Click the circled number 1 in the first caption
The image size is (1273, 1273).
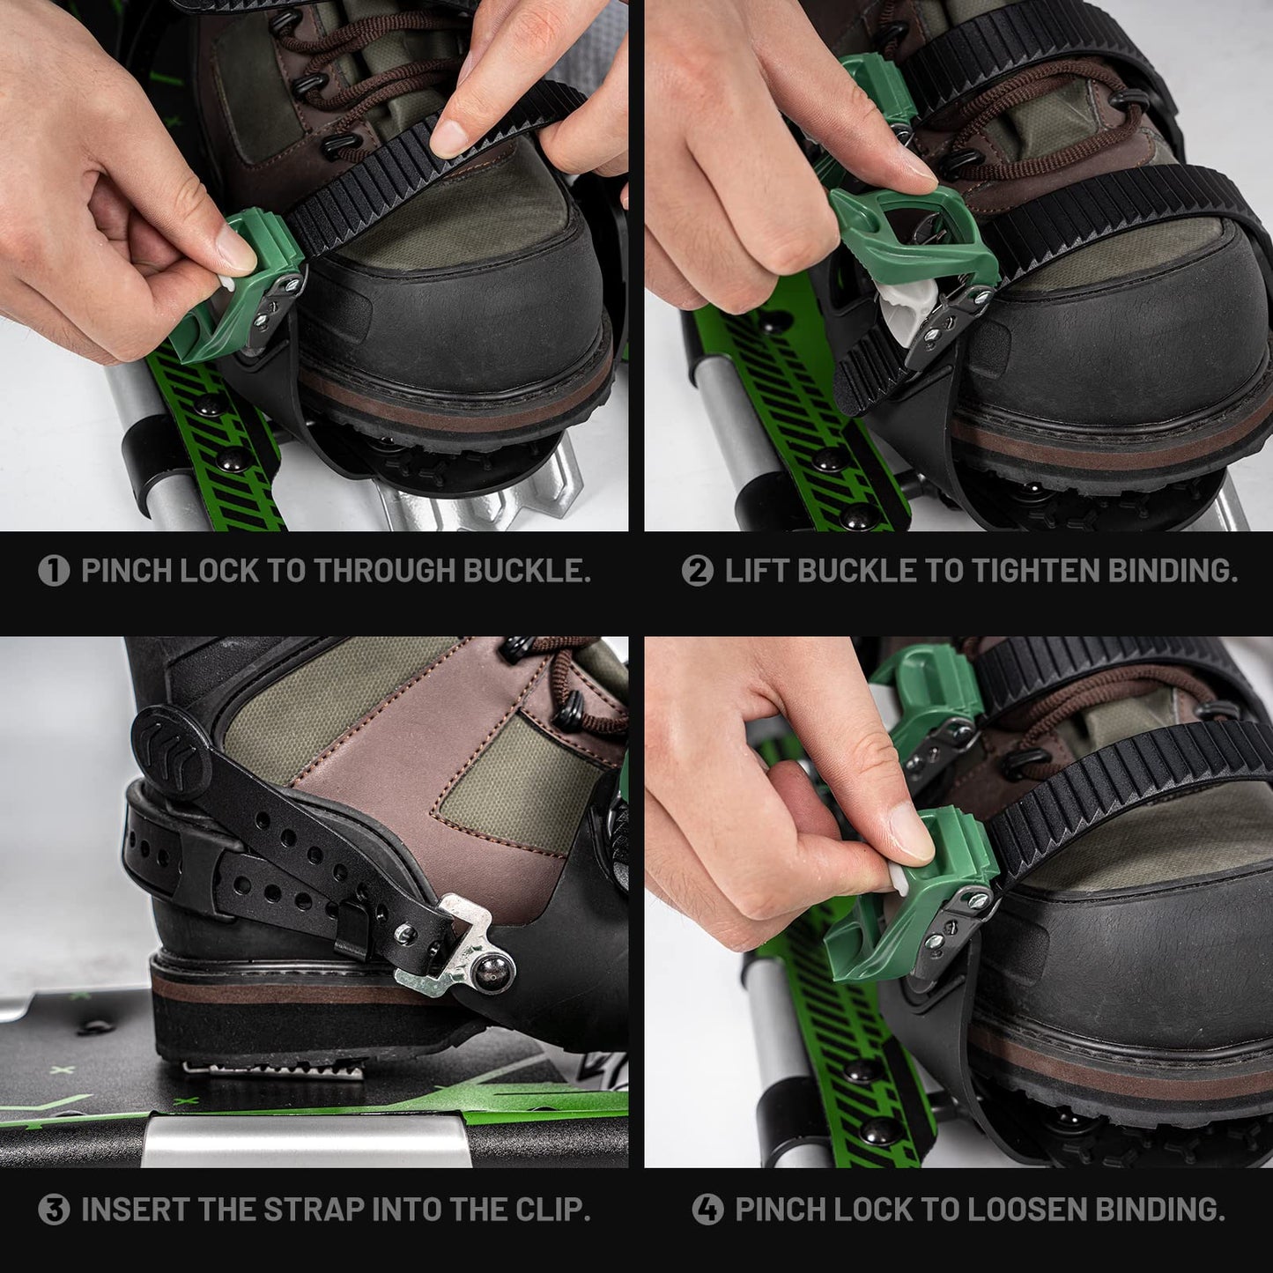click(x=54, y=571)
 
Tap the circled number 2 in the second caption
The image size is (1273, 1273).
click(x=697, y=571)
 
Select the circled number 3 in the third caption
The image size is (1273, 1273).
click(x=54, y=1210)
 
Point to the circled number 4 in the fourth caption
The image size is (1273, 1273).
click(x=707, y=1210)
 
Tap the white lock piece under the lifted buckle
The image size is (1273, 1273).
click(x=903, y=313)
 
